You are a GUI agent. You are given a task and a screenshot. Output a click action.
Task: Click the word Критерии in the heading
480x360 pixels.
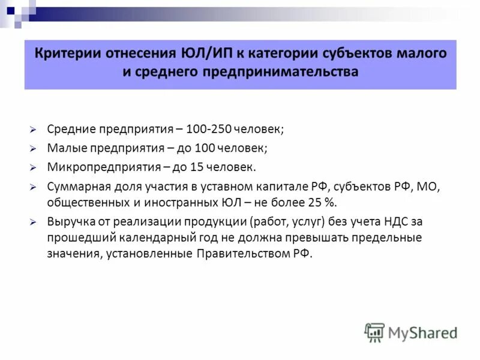[65, 53]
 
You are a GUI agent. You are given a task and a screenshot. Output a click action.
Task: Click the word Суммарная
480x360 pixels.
[75, 187]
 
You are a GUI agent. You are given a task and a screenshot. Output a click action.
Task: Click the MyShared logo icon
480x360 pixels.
[374, 332]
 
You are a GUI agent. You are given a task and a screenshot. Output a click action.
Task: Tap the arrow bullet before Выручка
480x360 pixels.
[35, 221]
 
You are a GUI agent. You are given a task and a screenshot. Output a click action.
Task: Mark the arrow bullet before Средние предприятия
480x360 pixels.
[35, 130]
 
